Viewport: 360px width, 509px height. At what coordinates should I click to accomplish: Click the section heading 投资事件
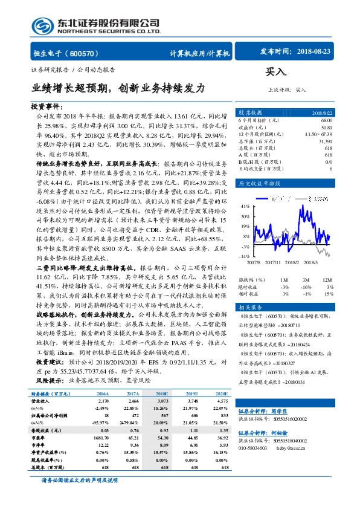(47, 106)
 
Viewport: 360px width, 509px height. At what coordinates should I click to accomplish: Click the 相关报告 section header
(249, 308)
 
